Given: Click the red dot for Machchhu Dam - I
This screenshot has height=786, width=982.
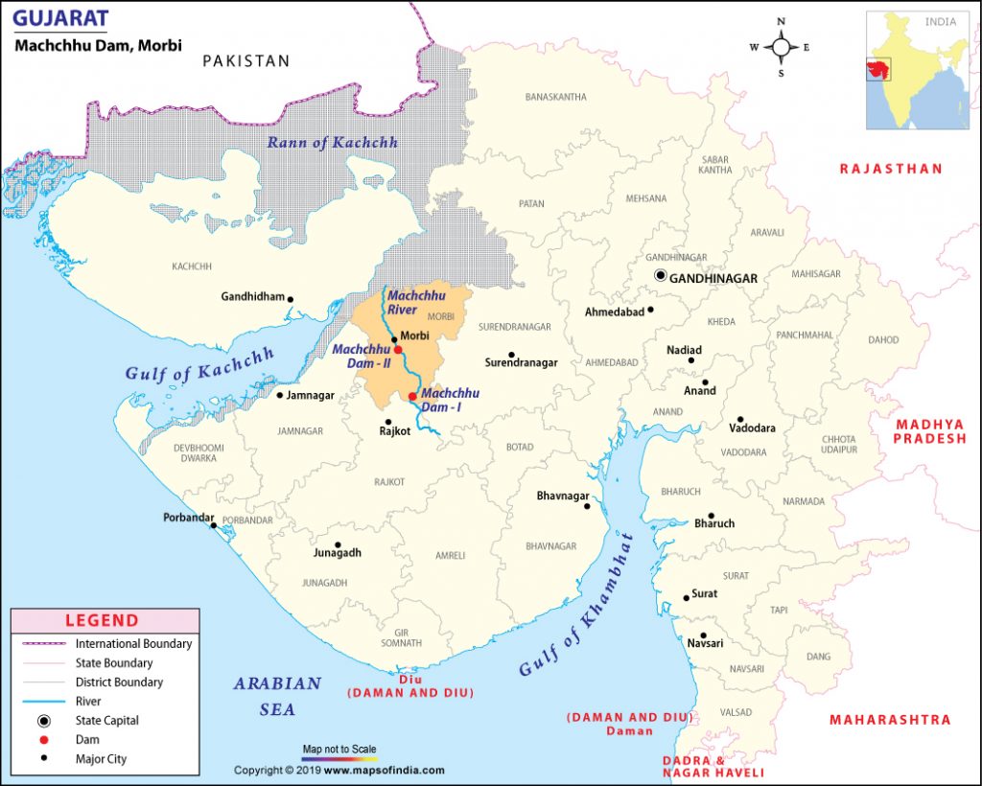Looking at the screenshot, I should click(x=412, y=397).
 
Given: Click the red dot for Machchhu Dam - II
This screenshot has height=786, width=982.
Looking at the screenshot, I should click(x=398, y=351).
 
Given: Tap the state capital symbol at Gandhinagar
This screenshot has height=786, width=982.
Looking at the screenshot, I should click(x=660, y=276).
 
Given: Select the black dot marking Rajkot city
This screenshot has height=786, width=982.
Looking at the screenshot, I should click(x=388, y=422).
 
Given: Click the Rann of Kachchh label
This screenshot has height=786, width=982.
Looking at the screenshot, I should click(x=332, y=143).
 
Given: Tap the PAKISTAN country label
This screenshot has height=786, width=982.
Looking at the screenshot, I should click(x=245, y=61).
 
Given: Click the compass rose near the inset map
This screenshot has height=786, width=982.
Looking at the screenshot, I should click(x=781, y=47).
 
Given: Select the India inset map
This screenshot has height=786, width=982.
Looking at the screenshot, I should click(x=918, y=70).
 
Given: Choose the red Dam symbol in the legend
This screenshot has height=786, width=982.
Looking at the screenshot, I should click(x=43, y=740).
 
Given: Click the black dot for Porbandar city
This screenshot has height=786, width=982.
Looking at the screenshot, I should click(x=213, y=525).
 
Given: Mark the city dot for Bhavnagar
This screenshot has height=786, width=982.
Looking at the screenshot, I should click(x=588, y=506).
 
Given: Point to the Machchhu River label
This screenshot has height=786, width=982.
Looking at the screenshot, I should click(x=416, y=304).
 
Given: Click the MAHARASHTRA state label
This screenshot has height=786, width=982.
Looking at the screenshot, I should click(x=890, y=720).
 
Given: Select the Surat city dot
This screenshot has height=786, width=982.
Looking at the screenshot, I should click(x=687, y=598).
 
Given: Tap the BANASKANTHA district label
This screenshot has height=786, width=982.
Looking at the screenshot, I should click(x=556, y=97).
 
